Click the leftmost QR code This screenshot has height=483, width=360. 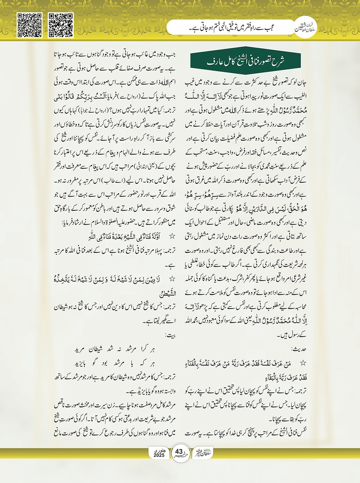(30, 25)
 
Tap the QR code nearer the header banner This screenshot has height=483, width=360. (61, 25)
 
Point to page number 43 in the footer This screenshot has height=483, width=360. (179, 452)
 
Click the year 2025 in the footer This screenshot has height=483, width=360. (159, 455)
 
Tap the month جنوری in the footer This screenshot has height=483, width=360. (160, 450)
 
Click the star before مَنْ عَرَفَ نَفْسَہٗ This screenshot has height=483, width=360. (303, 364)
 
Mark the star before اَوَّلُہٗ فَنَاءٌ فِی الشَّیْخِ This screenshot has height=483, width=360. (172, 237)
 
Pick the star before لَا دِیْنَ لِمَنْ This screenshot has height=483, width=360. (172, 279)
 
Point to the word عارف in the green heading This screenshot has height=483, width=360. (211, 62)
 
